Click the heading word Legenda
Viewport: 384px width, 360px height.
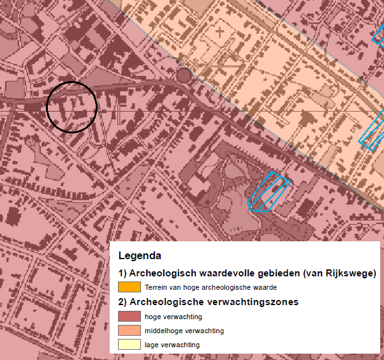coord(139,257)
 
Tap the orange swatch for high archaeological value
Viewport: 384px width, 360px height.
coord(129,287)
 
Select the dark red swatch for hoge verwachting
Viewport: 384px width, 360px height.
coord(129,316)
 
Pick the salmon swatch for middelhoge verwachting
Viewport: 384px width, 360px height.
coord(129,330)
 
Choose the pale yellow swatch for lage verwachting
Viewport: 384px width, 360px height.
coord(129,345)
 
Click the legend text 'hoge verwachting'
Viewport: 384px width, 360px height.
coord(174,317)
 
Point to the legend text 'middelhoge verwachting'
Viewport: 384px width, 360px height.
coord(184,331)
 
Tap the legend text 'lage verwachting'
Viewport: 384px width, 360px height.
coord(172,345)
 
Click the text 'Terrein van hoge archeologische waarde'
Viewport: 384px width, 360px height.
coord(210,288)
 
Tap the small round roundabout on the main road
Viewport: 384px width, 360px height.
coord(183,76)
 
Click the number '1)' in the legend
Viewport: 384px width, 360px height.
coord(123,273)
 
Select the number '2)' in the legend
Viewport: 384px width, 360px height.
coord(123,302)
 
